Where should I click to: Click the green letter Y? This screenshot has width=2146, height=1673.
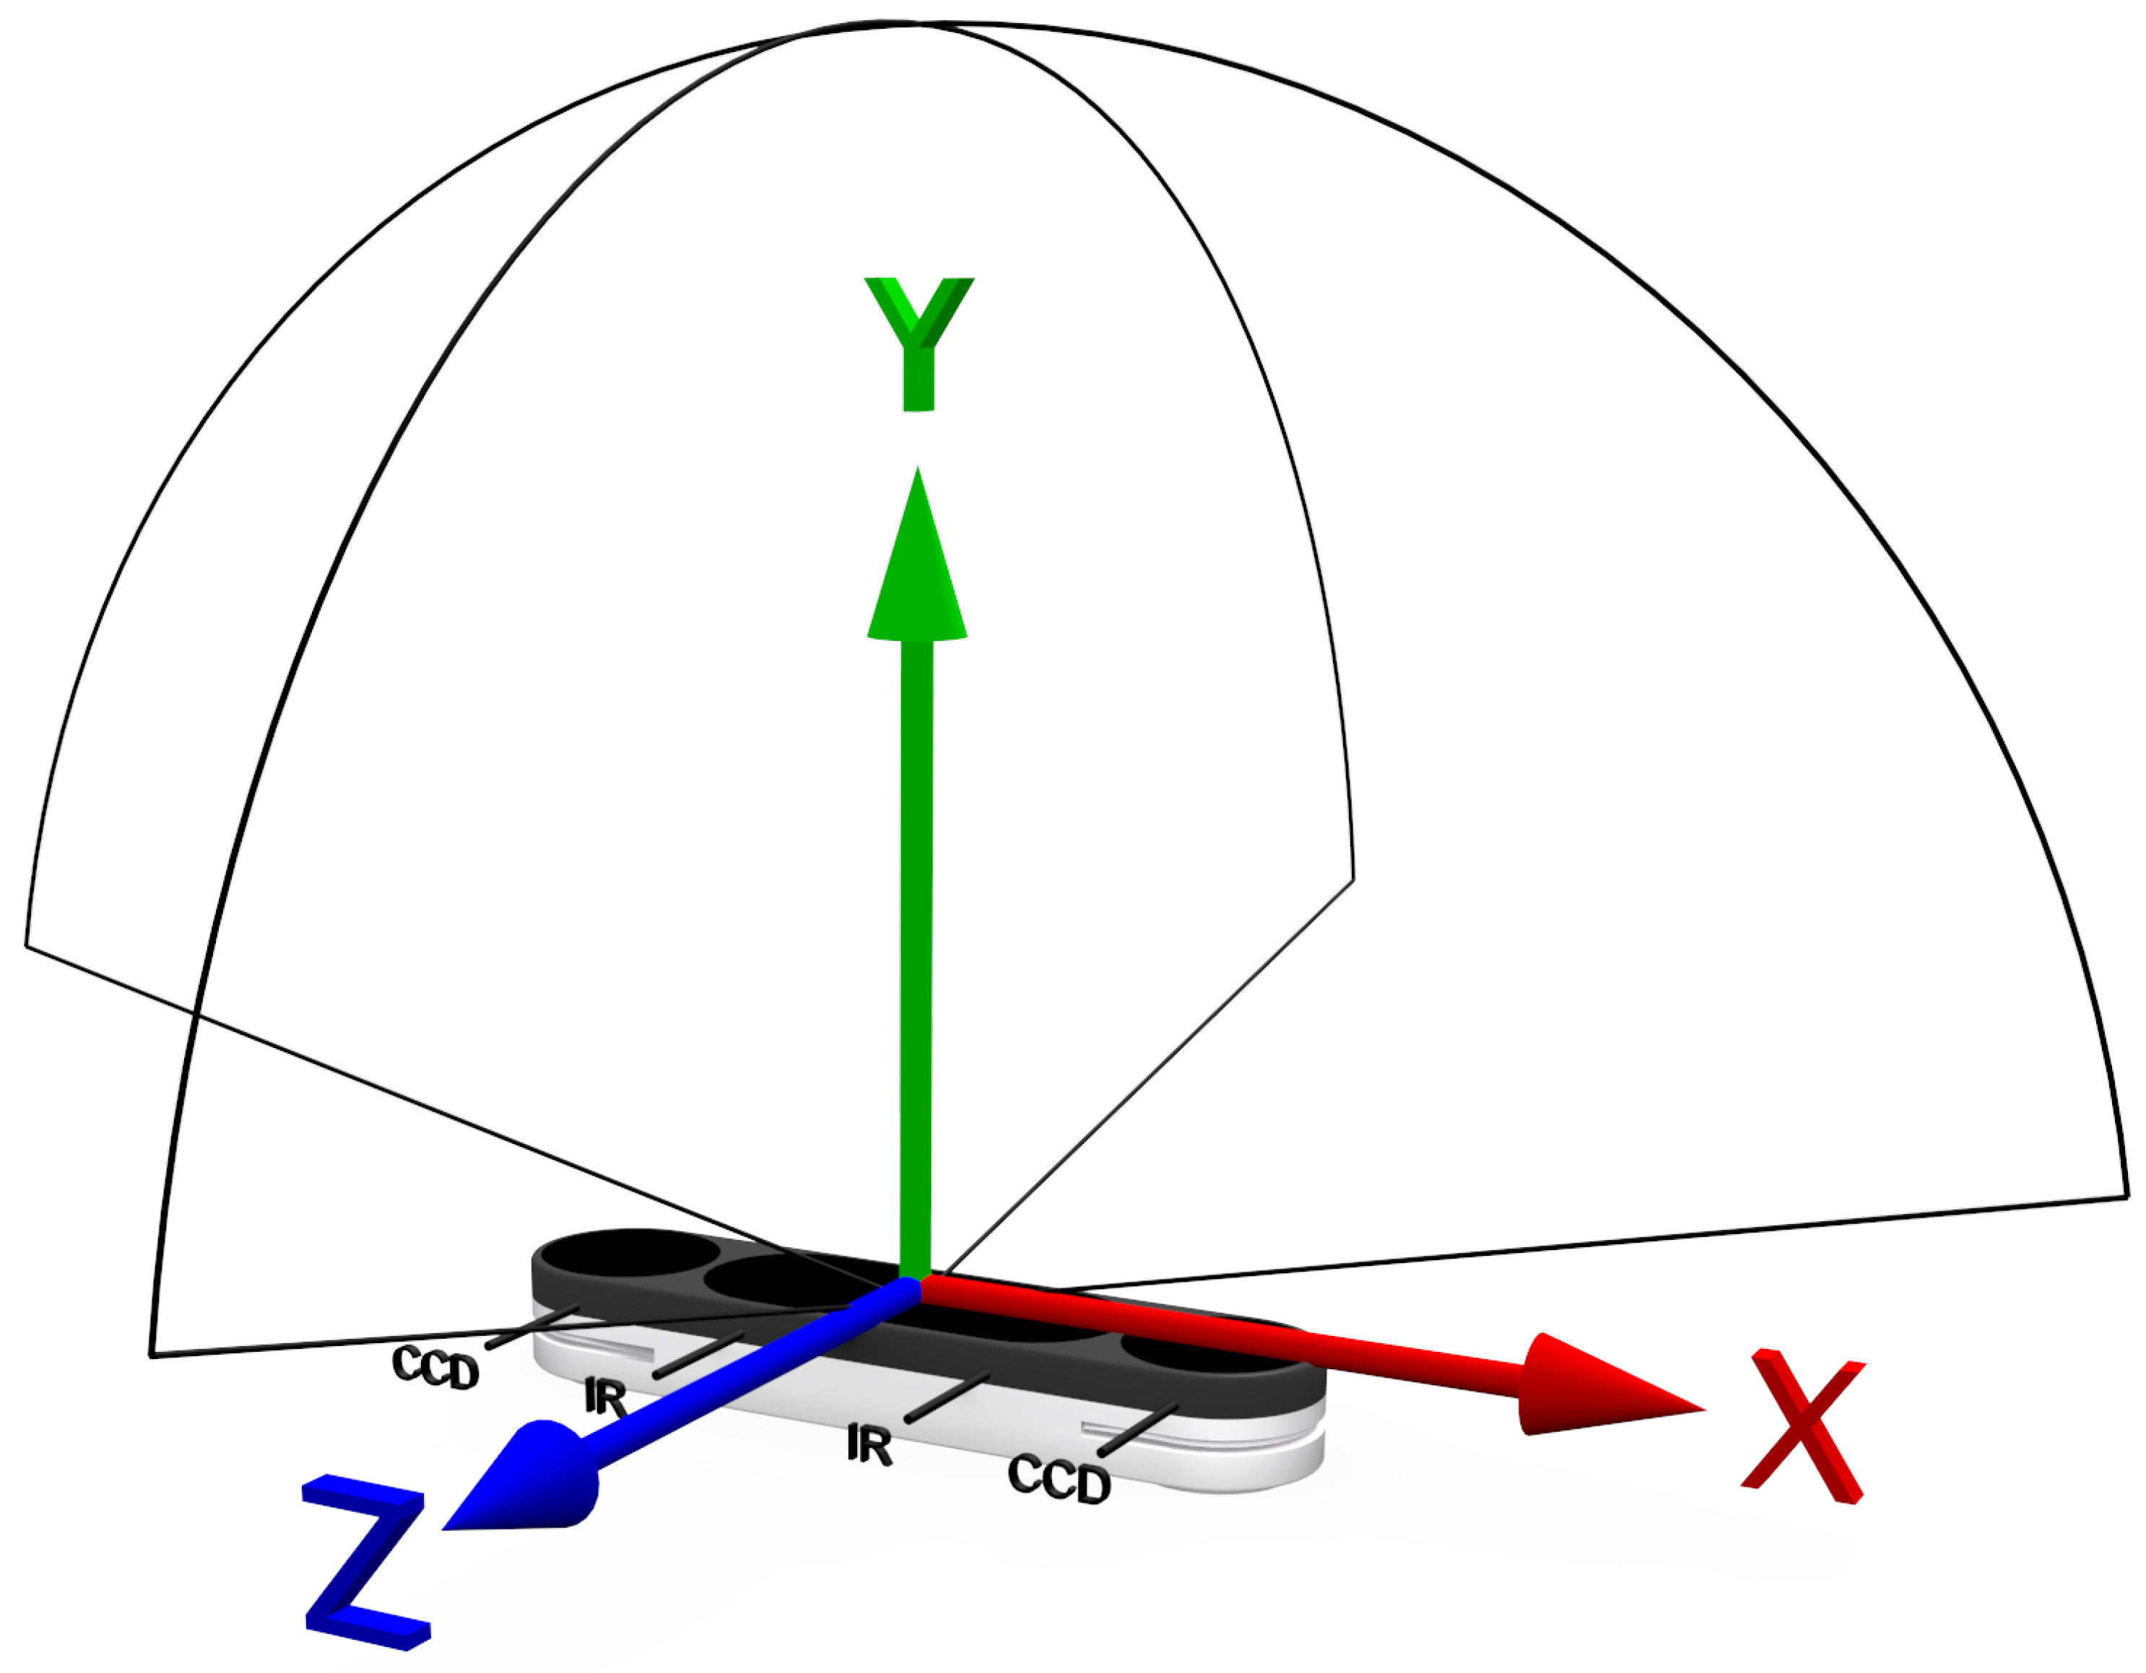918,344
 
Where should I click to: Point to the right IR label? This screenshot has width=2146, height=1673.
869,1445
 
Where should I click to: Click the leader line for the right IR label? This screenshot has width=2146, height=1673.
945,1396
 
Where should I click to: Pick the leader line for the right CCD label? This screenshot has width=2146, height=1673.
1138,1429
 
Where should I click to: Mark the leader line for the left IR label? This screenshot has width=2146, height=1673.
698,1355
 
